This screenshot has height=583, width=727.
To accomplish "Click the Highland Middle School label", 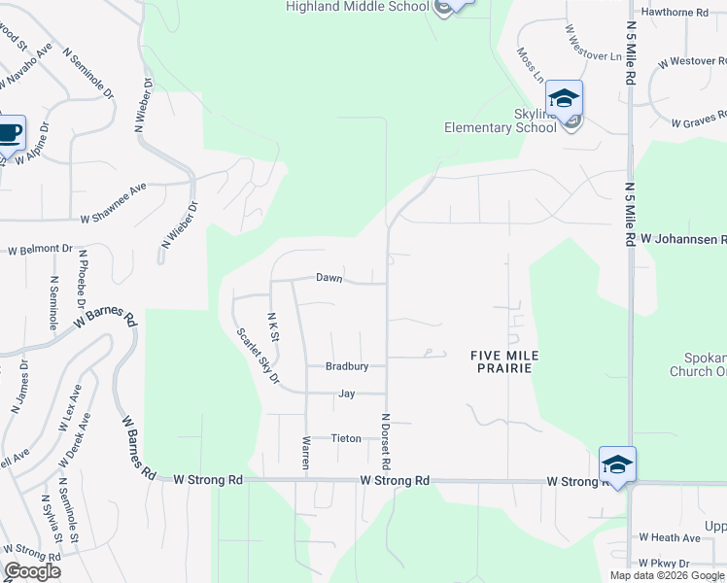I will coord(358,7).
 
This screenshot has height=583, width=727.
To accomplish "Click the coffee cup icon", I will coord(10,133).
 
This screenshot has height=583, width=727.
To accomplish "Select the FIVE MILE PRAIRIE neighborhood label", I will coord(504,361).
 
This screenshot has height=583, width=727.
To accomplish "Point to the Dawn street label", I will coord(330,278).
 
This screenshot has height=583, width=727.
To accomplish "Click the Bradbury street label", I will coord(347,366).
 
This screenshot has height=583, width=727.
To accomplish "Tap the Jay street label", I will coord(346,394).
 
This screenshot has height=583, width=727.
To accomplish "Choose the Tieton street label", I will coord(346,438).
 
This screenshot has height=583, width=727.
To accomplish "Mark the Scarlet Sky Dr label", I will coord(258,355).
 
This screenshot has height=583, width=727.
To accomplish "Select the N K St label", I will coord(273,326).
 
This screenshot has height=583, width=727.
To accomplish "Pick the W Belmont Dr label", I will coord(40,250).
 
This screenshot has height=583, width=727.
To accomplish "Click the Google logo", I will coord(32,571).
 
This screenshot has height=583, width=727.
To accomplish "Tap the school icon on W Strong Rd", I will coord(617,463).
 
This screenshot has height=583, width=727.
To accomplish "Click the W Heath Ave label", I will coord(670,537).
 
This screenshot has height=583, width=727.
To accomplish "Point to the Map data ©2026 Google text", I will coord(667,575).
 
